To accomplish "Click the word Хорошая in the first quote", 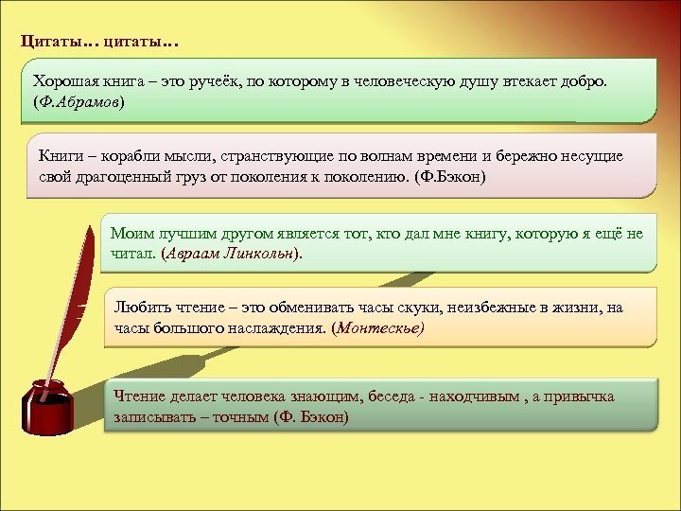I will tap(63, 81).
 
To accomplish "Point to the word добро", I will tap(587, 81).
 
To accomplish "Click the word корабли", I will tap(117, 156).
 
